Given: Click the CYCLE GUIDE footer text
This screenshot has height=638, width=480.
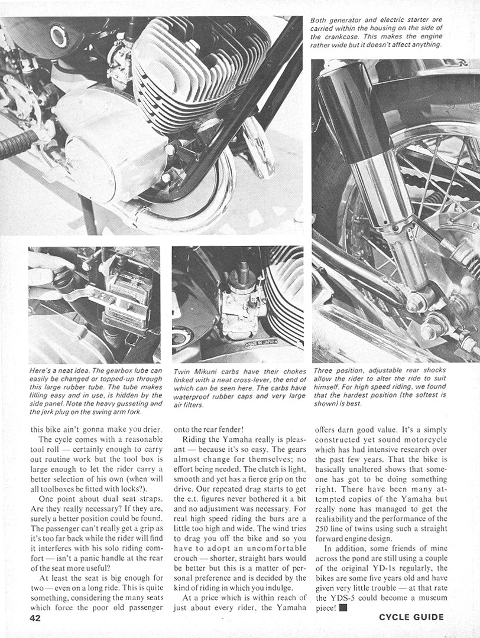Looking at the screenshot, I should pos(411,617).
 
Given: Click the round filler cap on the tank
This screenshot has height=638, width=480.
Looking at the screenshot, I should pos(59,36).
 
